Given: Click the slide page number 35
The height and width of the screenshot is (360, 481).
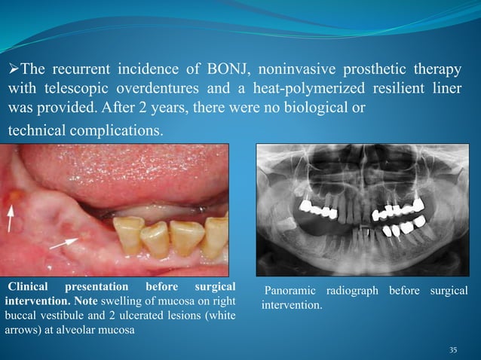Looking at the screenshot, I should pyautogui.click(x=452, y=349).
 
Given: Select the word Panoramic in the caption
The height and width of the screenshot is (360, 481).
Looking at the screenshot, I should pyautogui.click(x=292, y=291).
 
